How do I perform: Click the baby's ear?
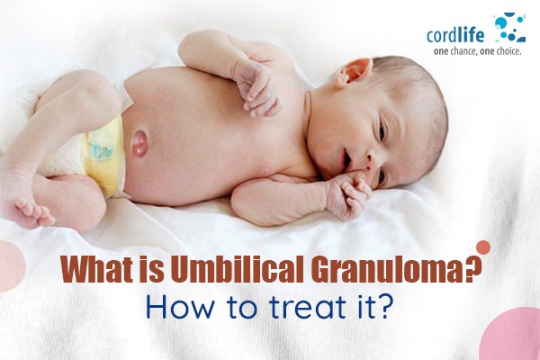coord(354,72)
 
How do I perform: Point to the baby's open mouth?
coord(346,159)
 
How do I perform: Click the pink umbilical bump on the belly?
coord(140,143)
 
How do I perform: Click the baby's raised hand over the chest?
coord(256,87)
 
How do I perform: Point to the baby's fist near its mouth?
coord(347,194)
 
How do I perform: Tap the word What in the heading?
coord(97,269)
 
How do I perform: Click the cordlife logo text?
coord(455,35)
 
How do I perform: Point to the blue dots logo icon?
coord(510,27)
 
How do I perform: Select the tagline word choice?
coord(507,51)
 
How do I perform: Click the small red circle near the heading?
coord(483,247)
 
